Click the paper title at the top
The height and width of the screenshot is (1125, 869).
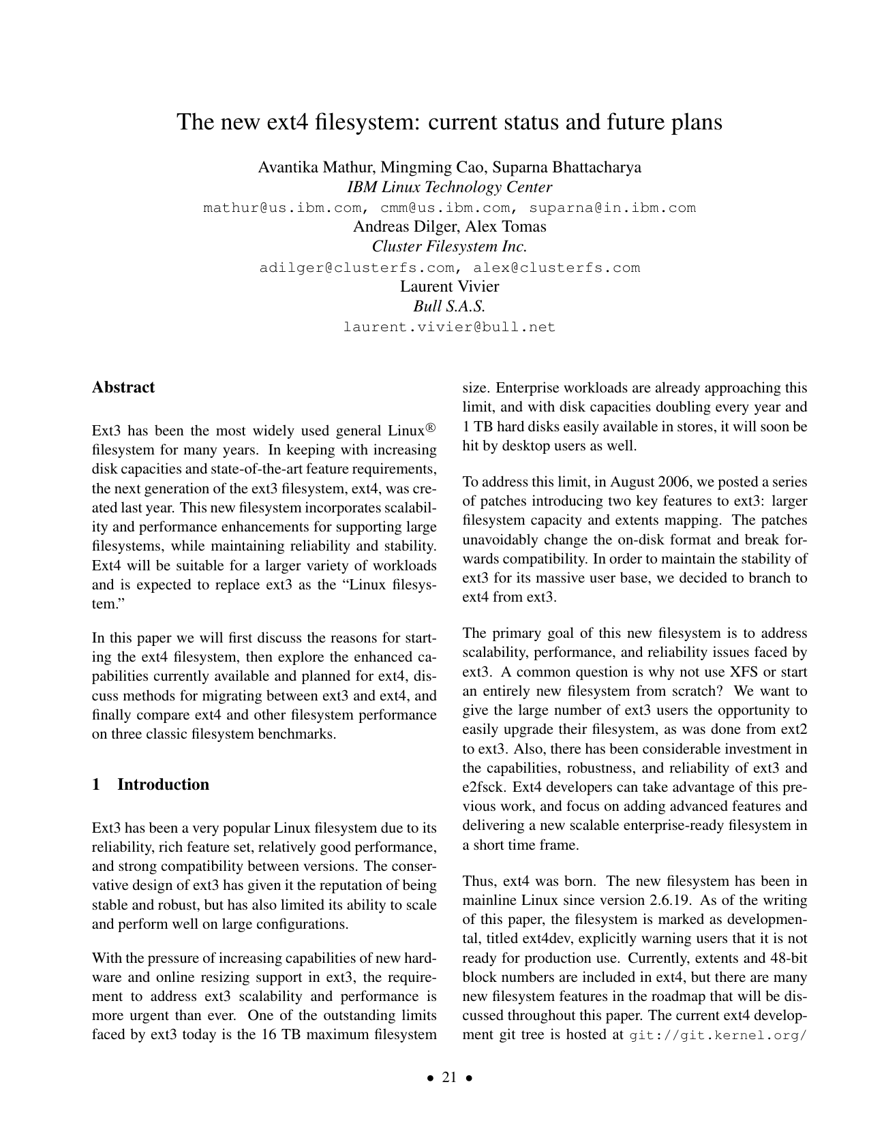[x=449, y=122]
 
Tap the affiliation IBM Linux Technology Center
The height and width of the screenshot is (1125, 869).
[x=449, y=187]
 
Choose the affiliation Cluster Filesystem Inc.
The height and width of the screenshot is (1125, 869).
[x=449, y=247]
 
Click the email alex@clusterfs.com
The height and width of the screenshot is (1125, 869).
[x=557, y=268]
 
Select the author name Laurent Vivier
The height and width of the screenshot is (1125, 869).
[x=449, y=287]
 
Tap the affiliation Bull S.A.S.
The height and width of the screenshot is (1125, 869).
[x=449, y=307]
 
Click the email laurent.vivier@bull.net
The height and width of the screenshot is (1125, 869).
[x=449, y=327]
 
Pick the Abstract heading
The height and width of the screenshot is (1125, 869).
[x=123, y=388]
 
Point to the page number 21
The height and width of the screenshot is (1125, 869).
[x=449, y=1077]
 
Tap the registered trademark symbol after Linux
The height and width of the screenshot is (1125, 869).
[x=431, y=428]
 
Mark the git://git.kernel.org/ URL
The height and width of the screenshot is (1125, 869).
[x=718, y=1035]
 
